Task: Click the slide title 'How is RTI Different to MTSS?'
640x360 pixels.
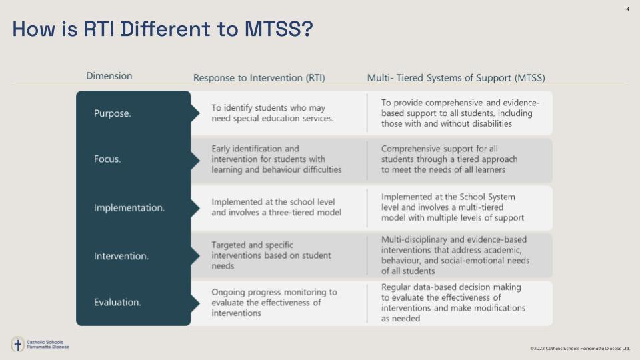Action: tap(162, 29)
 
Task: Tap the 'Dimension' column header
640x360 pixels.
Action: tap(109, 76)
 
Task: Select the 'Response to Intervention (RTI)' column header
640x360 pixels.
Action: tap(259, 78)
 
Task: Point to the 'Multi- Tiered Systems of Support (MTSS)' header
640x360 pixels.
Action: tap(456, 78)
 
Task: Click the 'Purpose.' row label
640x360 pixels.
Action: tap(113, 113)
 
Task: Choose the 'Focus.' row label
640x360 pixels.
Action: tap(107, 159)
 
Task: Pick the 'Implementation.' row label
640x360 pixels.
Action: tap(129, 208)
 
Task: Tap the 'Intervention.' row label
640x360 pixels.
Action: tap(121, 256)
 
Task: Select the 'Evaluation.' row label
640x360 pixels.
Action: tap(117, 303)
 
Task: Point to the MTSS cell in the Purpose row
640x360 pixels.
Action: tap(460, 113)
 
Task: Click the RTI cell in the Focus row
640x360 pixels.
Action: tap(276, 159)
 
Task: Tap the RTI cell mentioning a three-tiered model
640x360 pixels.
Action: tap(276, 207)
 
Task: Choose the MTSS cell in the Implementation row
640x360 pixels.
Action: tap(453, 207)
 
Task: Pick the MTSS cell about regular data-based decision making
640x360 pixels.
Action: tap(453, 303)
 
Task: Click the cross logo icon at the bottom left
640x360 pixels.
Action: tap(18, 345)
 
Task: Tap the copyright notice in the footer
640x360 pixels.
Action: tap(579, 349)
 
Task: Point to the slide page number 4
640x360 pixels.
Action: tap(627, 9)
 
